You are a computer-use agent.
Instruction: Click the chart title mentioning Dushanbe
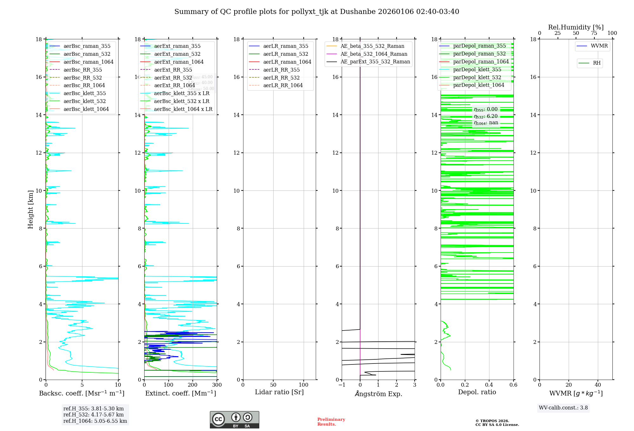[317, 12]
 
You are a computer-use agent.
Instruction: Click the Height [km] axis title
[30, 209]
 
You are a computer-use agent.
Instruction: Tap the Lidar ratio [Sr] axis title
[279, 392]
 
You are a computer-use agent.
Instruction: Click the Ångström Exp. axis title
[378, 394]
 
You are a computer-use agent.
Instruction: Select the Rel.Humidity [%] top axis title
[576, 27]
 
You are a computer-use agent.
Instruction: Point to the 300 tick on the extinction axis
[217, 385]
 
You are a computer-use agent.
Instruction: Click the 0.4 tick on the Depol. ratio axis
[489, 385]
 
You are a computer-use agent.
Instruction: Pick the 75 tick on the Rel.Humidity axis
[594, 33]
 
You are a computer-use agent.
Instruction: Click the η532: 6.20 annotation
[486, 116]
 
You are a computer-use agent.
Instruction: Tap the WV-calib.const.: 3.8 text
[563, 408]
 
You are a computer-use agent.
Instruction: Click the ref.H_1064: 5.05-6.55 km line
[95, 421]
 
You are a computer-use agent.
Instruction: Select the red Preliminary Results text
[331, 422]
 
